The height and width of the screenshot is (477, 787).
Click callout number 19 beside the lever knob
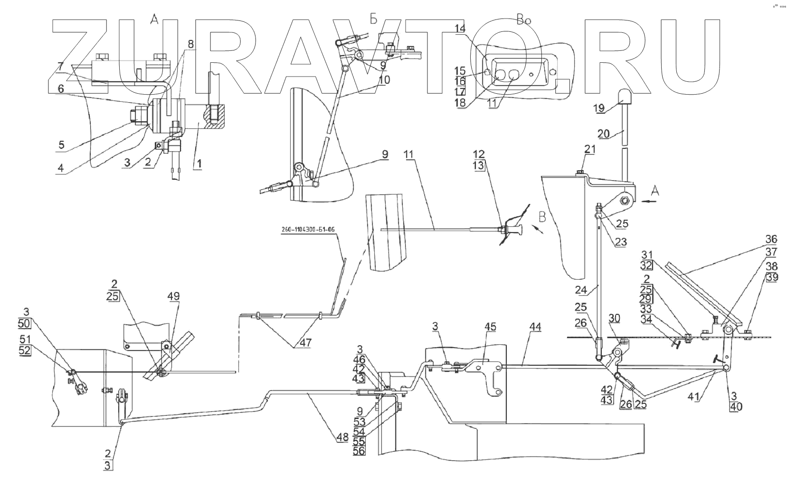pos(598,108)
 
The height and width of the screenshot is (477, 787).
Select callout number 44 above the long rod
pos(535,327)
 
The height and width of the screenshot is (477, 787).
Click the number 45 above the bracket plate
pos(490,327)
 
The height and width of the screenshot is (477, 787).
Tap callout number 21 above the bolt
pos(590,150)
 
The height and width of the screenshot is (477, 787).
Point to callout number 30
pos(614,318)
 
